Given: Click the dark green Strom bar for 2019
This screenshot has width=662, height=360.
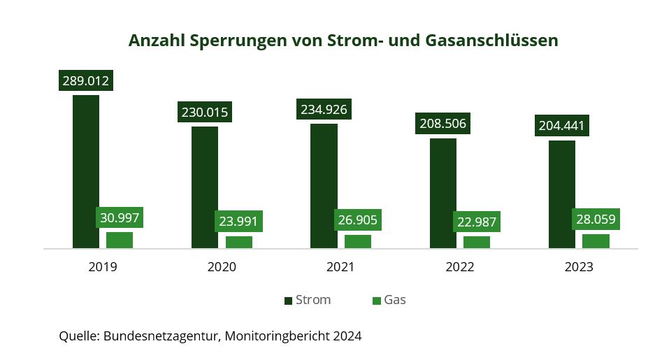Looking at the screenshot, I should (86, 171).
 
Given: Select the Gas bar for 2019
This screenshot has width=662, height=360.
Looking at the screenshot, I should (120, 240).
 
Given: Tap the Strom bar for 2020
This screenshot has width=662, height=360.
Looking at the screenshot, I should (205, 187).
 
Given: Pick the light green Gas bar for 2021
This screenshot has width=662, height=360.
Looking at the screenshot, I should (358, 241).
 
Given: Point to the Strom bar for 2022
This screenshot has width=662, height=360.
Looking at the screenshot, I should (443, 193).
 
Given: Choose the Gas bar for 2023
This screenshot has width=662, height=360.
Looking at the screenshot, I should (596, 241).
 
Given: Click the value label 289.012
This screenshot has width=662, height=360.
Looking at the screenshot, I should (86, 80).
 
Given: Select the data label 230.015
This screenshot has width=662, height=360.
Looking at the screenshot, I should (205, 112).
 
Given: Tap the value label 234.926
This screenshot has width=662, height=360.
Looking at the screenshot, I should (324, 109).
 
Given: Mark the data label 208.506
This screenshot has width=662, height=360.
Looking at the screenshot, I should (443, 124).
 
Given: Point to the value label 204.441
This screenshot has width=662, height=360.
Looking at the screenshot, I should (562, 126).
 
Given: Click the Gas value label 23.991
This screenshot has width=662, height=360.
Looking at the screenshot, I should (238, 222).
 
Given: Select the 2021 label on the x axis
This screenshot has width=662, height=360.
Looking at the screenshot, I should (340, 267).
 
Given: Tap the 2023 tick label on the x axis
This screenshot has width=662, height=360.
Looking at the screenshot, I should (579, 267).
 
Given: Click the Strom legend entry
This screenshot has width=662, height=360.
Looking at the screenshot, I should (308, 300).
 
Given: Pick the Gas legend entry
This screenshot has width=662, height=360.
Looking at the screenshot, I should (389, 300).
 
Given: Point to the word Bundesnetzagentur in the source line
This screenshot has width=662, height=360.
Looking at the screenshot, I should (162, 336).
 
